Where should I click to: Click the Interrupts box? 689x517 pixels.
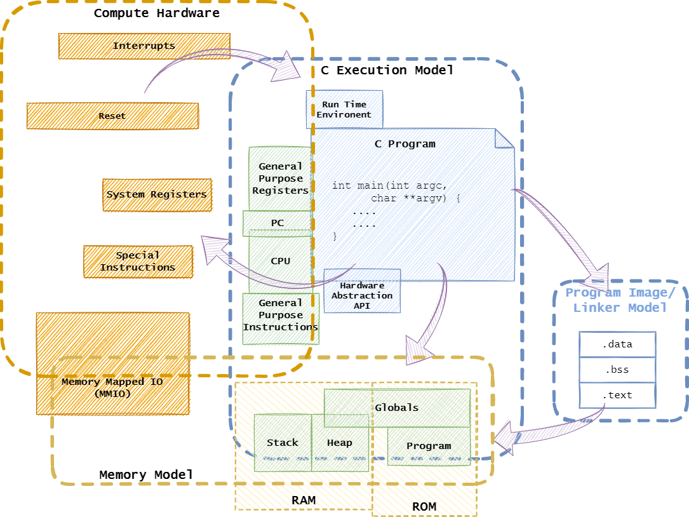(x=144, y=46)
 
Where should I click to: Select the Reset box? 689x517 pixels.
(x=112, y=116)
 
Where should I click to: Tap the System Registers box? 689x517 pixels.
(x=156, y=194)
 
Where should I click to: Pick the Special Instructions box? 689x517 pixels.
(x=138, y=261)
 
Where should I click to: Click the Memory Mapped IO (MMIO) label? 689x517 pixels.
(x=112, y=387)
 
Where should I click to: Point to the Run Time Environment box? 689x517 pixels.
(x=344, y=109)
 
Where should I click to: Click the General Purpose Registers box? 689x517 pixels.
(x=280, y=178)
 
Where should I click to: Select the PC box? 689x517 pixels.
(x=278, y=224)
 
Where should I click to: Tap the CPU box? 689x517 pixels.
(x=280, y=260)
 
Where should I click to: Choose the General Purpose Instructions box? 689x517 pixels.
(x=280, y=315)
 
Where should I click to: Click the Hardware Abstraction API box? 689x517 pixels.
(x=362, y=295)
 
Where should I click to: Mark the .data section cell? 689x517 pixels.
(x=617, y=344)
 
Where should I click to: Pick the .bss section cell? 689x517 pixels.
(x=617, y=370)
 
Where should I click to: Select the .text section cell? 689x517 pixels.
(x=617, y=395)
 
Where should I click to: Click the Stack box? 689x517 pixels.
(x=283, y=443)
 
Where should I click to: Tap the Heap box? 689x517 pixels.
(x=340, y=443)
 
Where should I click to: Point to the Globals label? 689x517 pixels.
(x=397, y=407)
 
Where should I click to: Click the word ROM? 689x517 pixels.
(x=424, y=506)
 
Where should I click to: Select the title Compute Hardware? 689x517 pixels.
(x=156, y=13)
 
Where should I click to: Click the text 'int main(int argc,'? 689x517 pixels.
(x=389, y=185)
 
